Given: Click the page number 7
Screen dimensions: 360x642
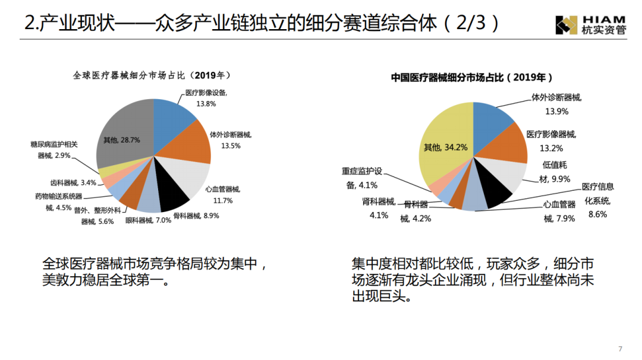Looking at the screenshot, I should (620, 348).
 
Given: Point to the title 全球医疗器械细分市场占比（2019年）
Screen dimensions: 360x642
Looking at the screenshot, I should (152, 76).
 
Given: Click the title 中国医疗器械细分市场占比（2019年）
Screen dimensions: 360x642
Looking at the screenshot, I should (472, 78).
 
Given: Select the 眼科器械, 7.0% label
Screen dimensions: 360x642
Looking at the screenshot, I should (148, 220).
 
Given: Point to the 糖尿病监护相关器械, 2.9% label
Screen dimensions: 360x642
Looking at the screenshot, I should (54, 150).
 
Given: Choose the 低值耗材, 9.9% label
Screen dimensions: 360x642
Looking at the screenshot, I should (555, 172).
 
